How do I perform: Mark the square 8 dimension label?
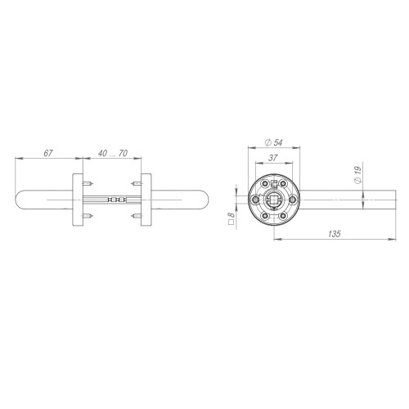(x=231, y=218)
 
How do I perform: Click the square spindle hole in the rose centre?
(x=272, y=200)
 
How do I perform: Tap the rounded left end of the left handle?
(x=20, y=200)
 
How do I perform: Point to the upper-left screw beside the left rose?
(x=91, y=184)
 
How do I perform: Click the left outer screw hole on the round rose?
(x=255, y=200)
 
